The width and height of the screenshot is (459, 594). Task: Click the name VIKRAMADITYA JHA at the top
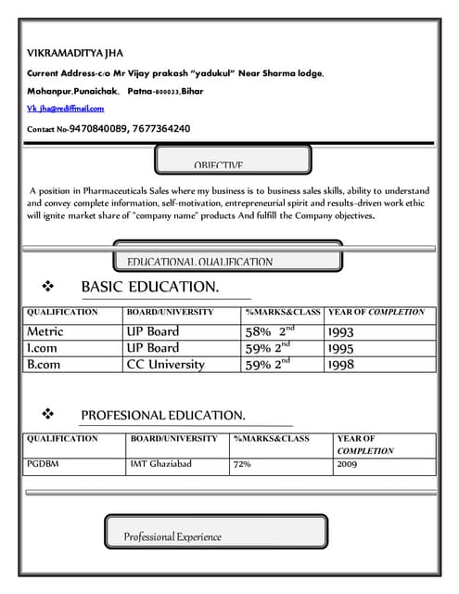tap(74, 53)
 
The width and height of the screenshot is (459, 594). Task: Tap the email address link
tap(65, 110)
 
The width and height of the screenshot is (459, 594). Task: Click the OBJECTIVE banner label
tap(219, 165)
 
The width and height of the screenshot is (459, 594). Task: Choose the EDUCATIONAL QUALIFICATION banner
tap(200, 262)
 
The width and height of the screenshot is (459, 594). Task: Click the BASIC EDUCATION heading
tap(149, 287)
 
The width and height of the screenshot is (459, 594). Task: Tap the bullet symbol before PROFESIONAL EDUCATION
tap(49, 414)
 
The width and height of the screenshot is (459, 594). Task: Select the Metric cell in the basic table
tap(45, 331)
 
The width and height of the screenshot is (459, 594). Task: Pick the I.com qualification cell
tap(44, 348)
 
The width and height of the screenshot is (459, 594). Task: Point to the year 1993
tap(340, 331)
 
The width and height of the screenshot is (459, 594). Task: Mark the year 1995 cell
tap(340, 348)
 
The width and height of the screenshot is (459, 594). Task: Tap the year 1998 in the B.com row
tap(340, 365)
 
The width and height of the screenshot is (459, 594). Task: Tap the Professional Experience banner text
tap(172, 536)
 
